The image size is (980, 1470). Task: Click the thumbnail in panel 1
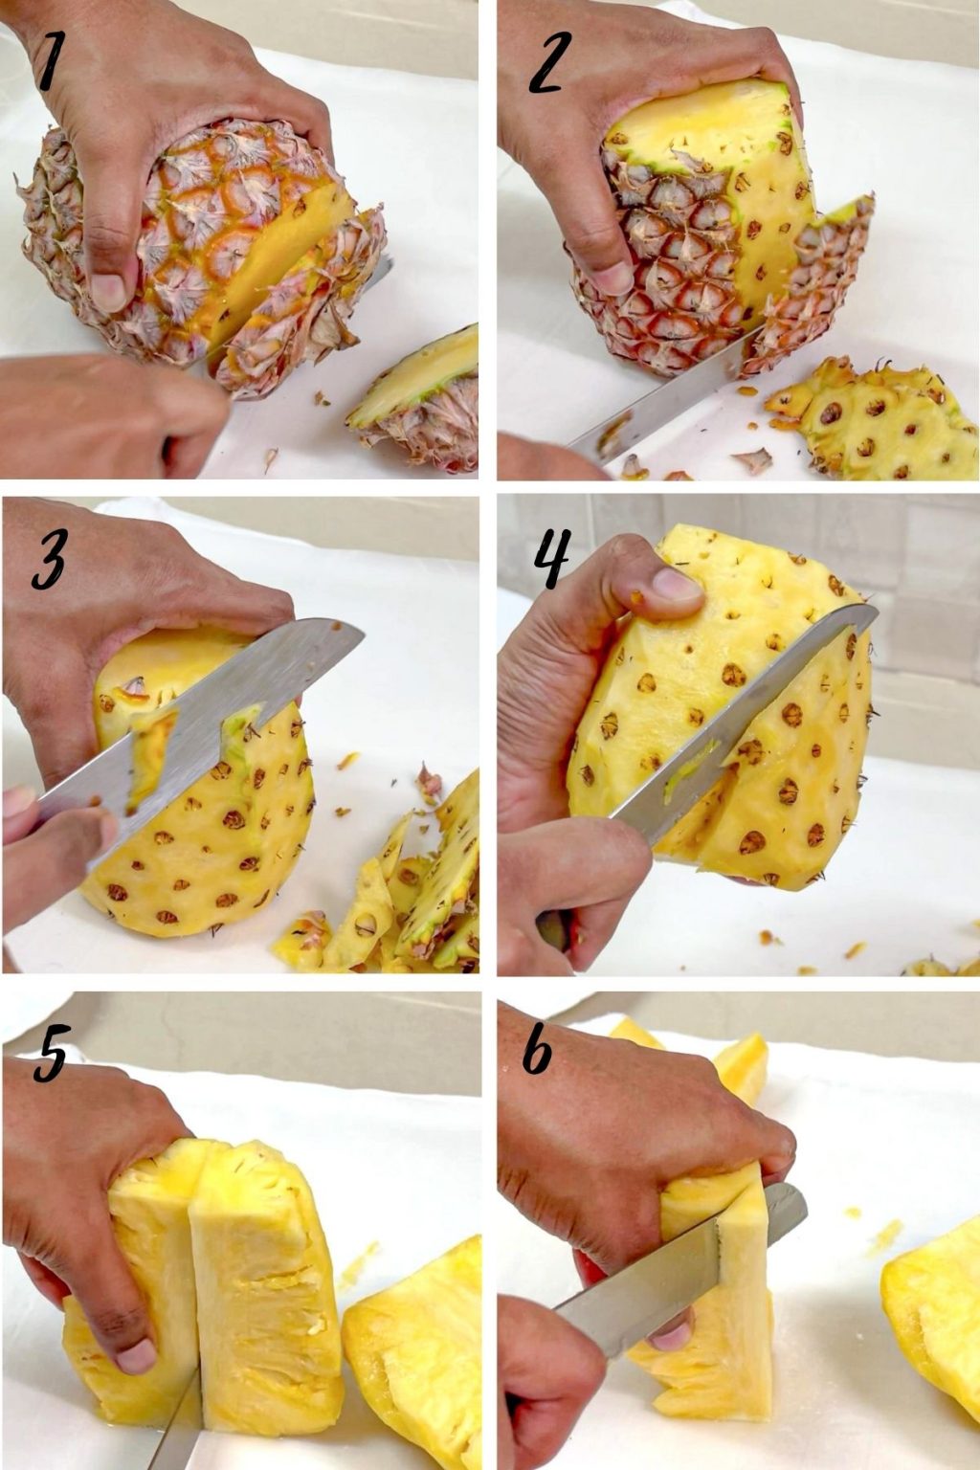pos(107,291)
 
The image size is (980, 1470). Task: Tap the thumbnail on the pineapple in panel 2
pos(612,278)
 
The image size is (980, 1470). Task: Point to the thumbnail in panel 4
pos(675,584)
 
